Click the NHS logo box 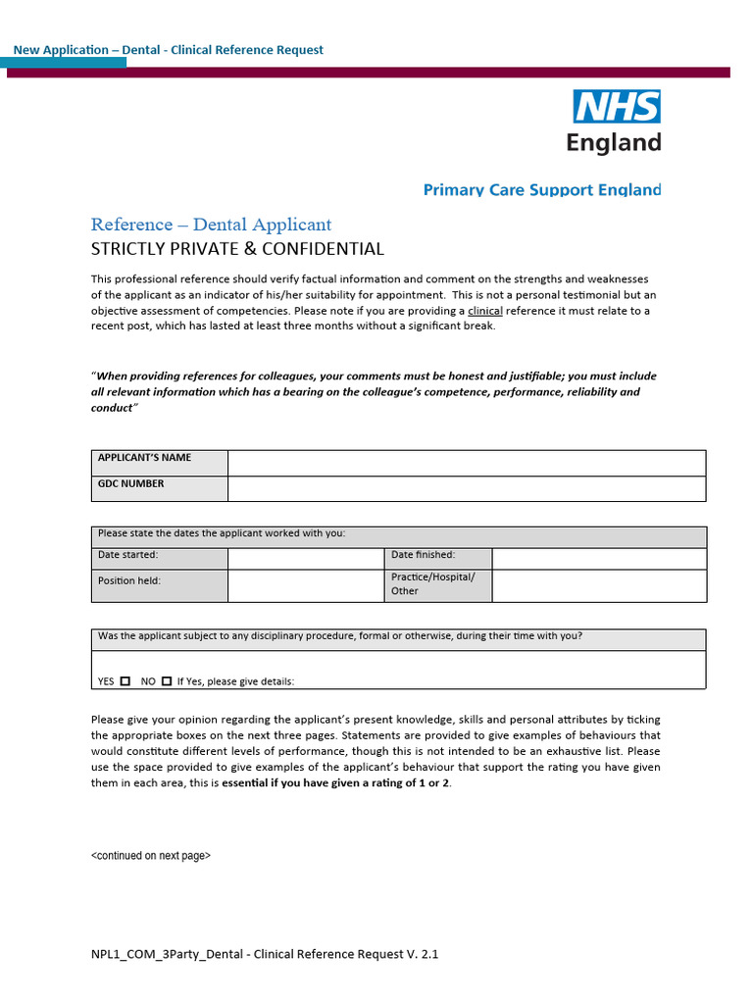[617, 106]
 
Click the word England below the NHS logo [614, 142]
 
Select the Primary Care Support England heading [541, 189]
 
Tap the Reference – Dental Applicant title [211, 225]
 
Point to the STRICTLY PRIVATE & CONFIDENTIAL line [237, 249]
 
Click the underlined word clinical [485, 311]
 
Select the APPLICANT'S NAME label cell [160, 463]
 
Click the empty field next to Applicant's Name [466, 463]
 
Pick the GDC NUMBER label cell [160, 488]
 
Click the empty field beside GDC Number [466, 488]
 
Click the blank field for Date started [306, 558]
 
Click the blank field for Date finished [598, 558]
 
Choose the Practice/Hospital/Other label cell [438, 585]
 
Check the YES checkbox [125, 680]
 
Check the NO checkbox [167, 680]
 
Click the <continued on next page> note [151, 856]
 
